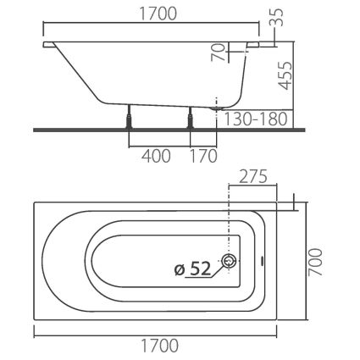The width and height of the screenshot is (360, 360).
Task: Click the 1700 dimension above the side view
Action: click(x=158, y=14)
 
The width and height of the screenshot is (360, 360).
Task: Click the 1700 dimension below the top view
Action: click(x=159, y=346)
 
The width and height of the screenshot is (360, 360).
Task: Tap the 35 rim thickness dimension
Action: click(x=278, y=18)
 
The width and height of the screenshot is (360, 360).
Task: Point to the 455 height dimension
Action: click(x=285, y=75)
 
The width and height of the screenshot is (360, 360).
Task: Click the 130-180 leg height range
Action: click(x=256, y=119)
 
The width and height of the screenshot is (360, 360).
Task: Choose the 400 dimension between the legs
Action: click(x=156, y=156)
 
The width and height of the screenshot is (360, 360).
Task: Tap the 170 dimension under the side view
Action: click(x=203, y=156)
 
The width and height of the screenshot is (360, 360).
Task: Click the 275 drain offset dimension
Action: click(x=253, y=177)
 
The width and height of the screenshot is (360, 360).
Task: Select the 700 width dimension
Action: click(x=315, y=263)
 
